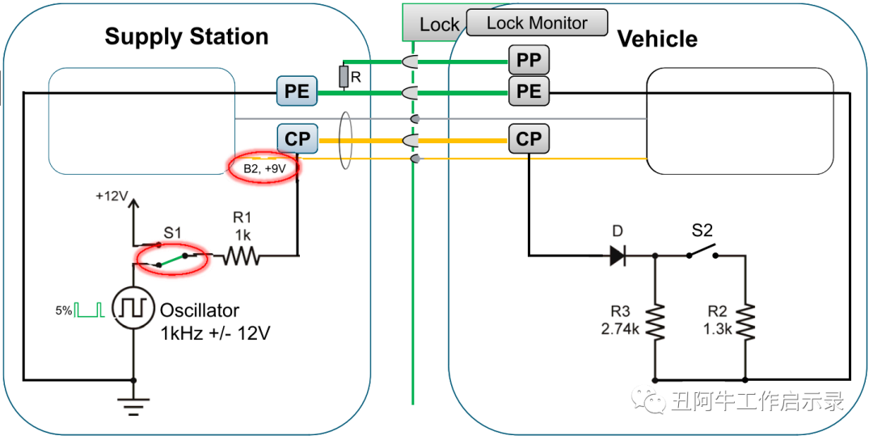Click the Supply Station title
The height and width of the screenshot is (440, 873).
(x=186, y=36)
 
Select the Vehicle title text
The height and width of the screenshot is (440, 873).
(x=657, y=39)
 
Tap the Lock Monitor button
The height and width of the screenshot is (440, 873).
(x=537, y=23)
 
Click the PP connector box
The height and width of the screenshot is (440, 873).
(x=529, y=59)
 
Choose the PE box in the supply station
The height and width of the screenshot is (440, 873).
(x=297, y=91)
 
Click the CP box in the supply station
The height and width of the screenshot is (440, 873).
(x=297, y=139)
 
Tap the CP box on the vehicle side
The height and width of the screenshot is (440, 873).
(x=529, y=139)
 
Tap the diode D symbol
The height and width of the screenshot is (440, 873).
(x=618, y=256)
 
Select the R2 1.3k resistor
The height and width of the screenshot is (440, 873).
(x=745, y=322)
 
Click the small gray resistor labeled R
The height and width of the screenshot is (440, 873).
(x=344, y=77)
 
